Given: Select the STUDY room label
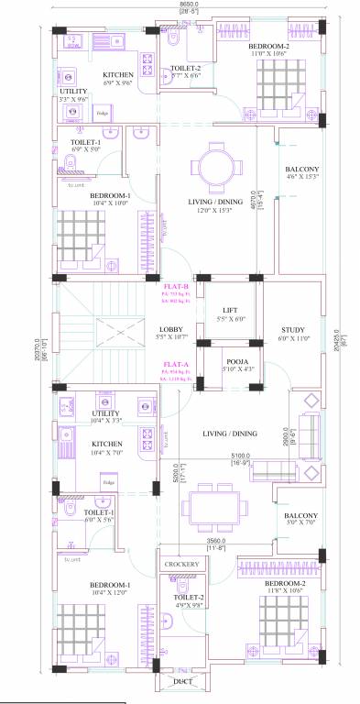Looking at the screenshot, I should coord(294,330).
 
